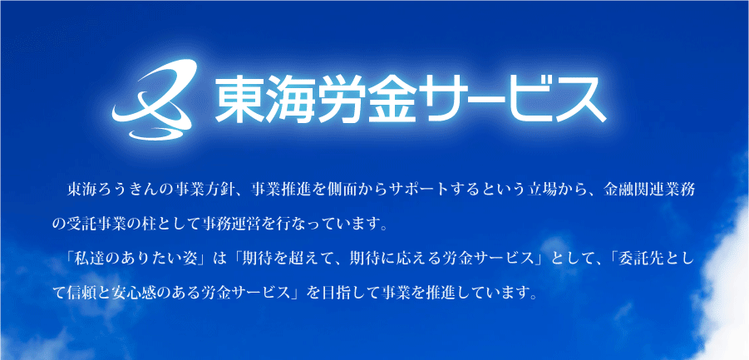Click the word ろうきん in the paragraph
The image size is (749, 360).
click(x=124, y=190)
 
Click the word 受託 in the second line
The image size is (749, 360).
click(x=82, y=224)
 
